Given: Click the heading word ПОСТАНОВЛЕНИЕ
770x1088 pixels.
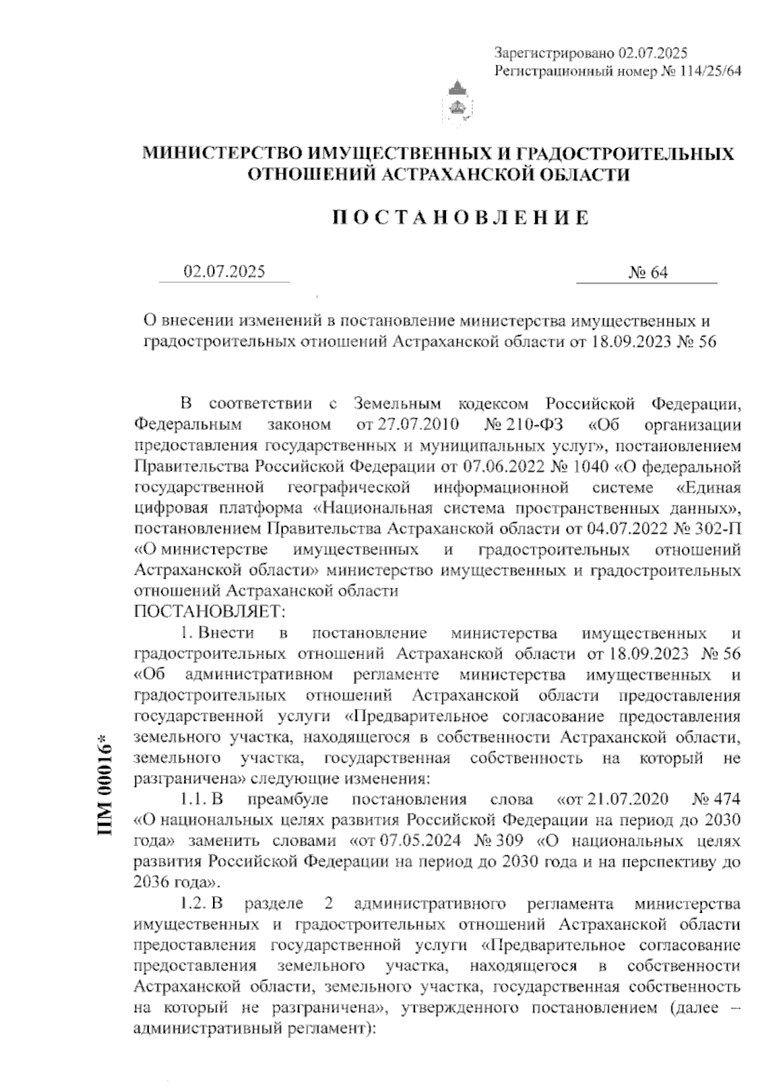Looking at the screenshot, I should click(460, 217).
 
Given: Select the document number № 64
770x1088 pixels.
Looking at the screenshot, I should click(648, 273).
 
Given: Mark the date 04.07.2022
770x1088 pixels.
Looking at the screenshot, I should click(624, 529).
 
